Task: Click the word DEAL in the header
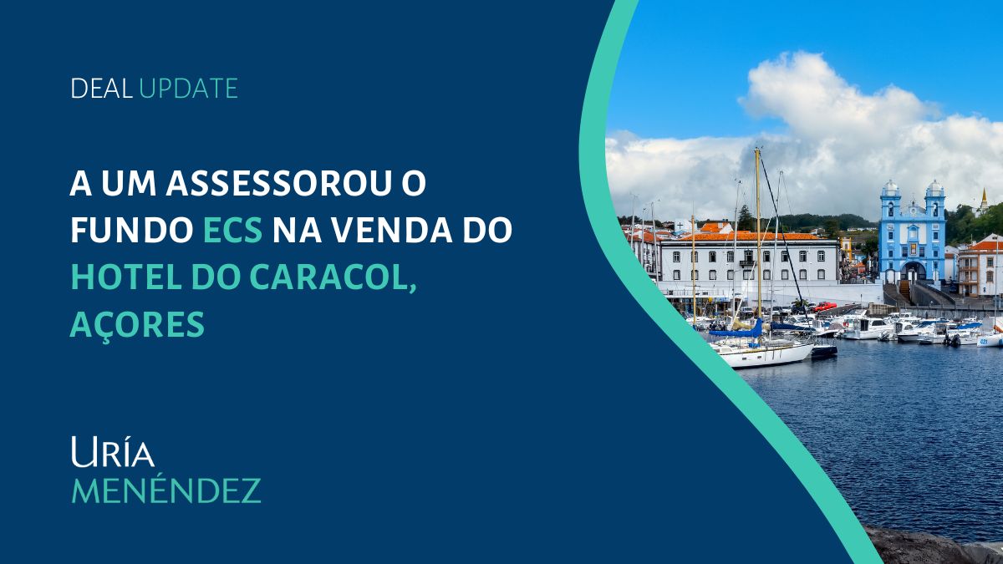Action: pyautogui.click(x=102, y=89)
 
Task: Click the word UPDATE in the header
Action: pyautogui.click(x=189, y=89)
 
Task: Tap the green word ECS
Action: pyautogui.click(x=232, y=230)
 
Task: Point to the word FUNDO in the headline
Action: pyautogui.click(x=132, y=230)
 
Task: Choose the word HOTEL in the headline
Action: pyautogui.click(x=126, y=277)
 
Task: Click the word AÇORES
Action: pyautogui.click(x=137, y=325)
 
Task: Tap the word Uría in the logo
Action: pyautogui.click(x=113, y=452)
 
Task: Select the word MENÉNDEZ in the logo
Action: pyautogui.click(x=166, y=490)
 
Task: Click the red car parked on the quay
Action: pyautogui.click(x=825, y=306)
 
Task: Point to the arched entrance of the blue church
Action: pyautogui.click(x=913, y=272)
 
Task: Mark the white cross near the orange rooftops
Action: pyautogui.click(x=680, y=226)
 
